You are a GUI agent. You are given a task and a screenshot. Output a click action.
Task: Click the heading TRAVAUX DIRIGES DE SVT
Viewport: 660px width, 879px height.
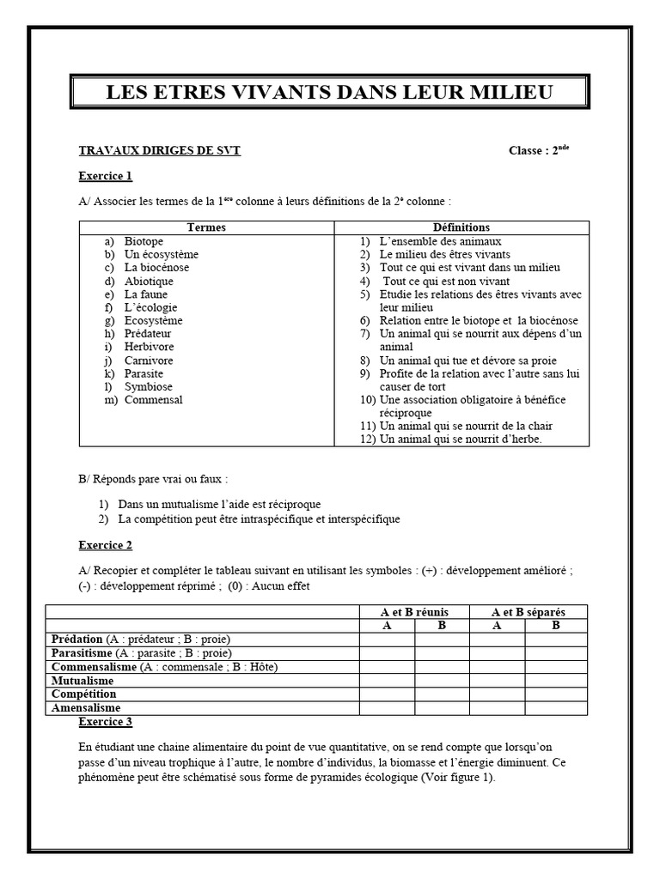(x=160, y=150)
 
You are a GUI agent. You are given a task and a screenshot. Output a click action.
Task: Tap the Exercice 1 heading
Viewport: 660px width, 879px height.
(x=106, y=177)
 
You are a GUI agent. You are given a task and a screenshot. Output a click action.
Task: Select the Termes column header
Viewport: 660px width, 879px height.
(x=206, y=227)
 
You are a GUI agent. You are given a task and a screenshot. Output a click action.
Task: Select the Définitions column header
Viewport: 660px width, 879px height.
(x=461, y=227)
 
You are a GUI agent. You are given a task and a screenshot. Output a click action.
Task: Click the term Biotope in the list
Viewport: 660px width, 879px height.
(x=144, y=241)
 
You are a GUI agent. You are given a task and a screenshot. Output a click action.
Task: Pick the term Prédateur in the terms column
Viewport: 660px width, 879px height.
(x=148, y=334)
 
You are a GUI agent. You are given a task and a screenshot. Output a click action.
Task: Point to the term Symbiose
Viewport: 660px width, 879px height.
(x=149, y=386)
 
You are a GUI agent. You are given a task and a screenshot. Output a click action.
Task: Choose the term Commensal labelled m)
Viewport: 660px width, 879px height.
(x=153, y=400)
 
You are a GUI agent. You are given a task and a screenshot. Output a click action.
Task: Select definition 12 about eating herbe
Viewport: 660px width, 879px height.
(x=461, y=439)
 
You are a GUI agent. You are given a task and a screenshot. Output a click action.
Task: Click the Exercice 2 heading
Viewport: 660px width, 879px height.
(x=106, y=545)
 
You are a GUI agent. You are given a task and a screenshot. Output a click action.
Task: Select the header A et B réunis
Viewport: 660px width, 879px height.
(x=414, y=612)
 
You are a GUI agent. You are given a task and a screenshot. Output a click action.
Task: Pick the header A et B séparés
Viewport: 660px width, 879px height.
(x=528, y=612)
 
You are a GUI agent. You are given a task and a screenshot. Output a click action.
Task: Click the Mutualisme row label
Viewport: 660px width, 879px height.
(x=83, y=681)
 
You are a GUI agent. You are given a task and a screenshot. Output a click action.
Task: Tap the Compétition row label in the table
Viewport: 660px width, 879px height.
(x=83, y=694)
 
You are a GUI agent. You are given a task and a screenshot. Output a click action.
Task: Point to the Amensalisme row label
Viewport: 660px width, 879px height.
(x=86, y=708)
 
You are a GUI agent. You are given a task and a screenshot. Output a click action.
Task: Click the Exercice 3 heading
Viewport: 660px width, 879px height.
(x=106, y=722)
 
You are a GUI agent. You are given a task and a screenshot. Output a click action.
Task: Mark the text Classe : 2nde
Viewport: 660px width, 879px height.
(x=539, y=150)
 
